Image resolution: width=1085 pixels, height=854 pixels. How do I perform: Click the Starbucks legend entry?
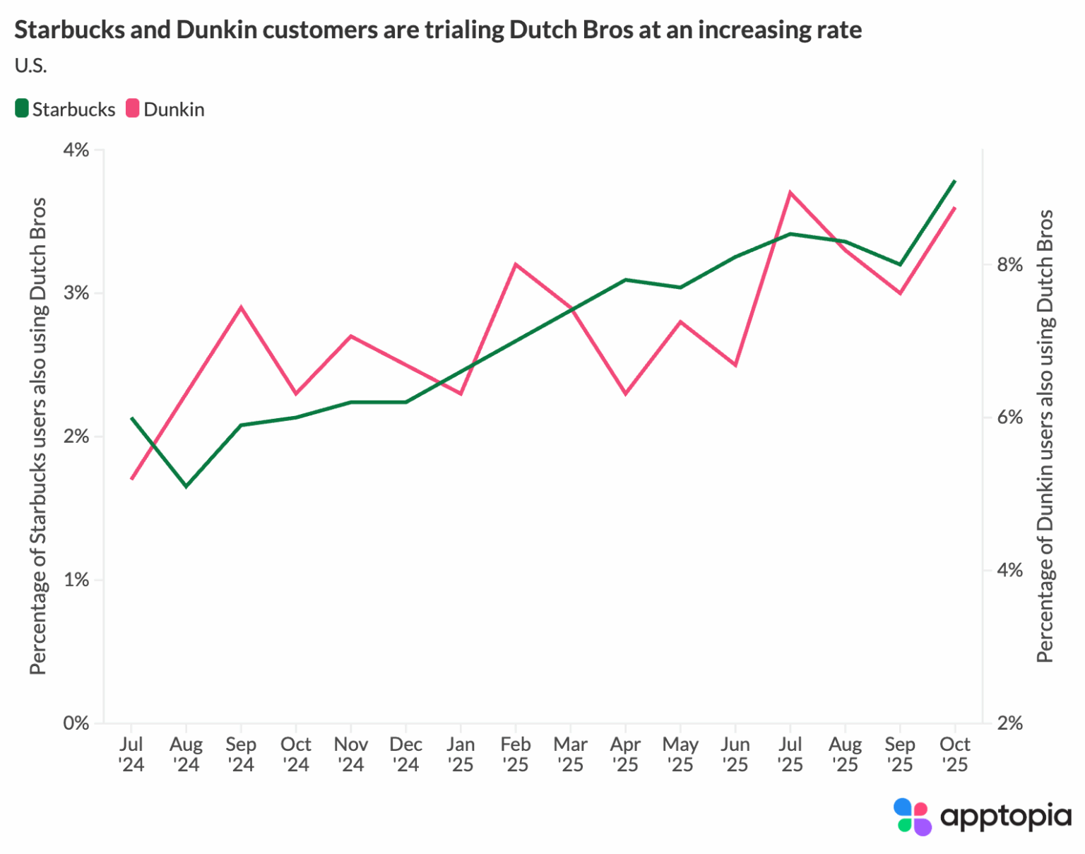(x=65, y=109)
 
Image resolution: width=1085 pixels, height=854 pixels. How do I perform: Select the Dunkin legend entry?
(x=165, y=109)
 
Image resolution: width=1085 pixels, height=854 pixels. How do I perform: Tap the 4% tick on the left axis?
(x=76, y=150)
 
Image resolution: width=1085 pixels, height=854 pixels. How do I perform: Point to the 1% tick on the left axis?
(x=76, y=580)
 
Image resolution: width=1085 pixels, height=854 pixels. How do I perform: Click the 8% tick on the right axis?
(x=1009, y=265)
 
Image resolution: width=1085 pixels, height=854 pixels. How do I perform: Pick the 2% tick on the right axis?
(x=1009, y=723)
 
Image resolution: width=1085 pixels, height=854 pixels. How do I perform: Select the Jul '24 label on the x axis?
(x=131, y=754)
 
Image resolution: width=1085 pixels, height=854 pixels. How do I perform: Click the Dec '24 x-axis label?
(x=405, y=754)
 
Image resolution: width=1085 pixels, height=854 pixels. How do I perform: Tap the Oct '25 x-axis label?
(x=954, y=754)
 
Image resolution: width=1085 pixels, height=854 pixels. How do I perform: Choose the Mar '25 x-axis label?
(x=570, y=754)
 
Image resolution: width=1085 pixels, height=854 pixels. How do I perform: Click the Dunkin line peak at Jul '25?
(x=790, y=192)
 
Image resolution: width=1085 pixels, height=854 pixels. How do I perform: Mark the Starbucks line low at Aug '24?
(x=186, y=487)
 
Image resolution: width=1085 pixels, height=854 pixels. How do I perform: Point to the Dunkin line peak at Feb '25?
(x=516, y=264)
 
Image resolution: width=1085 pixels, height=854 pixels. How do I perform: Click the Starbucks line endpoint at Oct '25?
(x=954, y=181)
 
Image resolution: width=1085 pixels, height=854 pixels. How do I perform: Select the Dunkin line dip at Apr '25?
(x=625, y=393)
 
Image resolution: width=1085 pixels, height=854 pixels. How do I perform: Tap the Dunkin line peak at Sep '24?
(x=241, y=307)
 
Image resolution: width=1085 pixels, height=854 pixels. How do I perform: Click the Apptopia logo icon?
(x=912, y=817)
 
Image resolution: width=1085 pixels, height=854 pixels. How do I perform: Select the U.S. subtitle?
(x=30, y=66)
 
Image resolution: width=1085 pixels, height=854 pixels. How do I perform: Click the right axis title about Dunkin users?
(x=1045, y=436)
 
